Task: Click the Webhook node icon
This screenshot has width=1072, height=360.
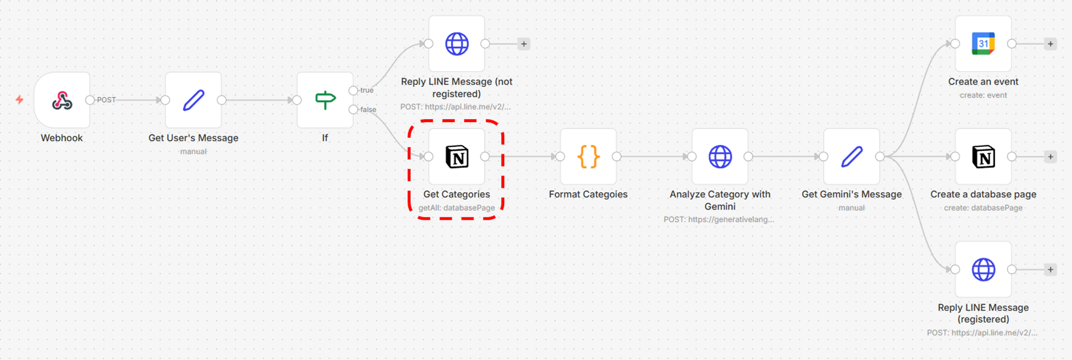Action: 62,100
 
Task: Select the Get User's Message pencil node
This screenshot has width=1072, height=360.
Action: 194,100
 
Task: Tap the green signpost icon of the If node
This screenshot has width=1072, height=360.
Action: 325,100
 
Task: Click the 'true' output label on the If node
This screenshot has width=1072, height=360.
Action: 367,90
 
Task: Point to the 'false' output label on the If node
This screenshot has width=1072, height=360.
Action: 368,109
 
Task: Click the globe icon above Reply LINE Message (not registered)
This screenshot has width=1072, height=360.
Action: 457,44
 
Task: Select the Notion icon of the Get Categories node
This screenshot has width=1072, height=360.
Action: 457,156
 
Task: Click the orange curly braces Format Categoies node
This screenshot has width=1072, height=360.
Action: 588,156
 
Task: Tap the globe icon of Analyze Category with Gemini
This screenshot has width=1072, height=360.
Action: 720,156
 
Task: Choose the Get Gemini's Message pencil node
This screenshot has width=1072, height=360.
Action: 851,156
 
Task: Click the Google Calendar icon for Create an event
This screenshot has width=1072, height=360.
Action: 983,44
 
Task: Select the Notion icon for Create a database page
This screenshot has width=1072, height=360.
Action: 983,156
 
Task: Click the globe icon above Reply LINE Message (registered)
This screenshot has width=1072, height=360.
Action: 983,269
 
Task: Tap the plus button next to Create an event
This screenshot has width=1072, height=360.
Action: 1050,44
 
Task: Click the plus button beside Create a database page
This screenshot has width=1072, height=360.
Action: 1050,157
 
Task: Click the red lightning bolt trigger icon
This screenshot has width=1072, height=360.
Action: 20,99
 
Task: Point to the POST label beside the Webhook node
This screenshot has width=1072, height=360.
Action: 106,100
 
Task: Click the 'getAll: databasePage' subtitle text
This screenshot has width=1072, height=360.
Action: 456,208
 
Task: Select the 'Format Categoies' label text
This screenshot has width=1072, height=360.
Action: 588,194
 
